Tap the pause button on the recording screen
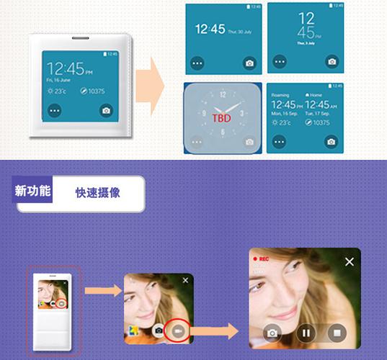pyautogui.click(x=304, y=333)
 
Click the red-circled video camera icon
pyautogui.click(x=177, y=329)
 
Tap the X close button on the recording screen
pyautogui.click(x=350, y=262)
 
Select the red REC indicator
pyautogui.click(x=261, y=258)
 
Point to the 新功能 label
pyautogui.click(x=32, y=192)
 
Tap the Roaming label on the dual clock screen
pyautogui.click(x=280, y=95)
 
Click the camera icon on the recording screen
pyautogui.click(x=272, y=333)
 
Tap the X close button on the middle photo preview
pyautogui.click(x=185, y=280)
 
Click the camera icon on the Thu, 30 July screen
pyautogui.click(x=249, y=63)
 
